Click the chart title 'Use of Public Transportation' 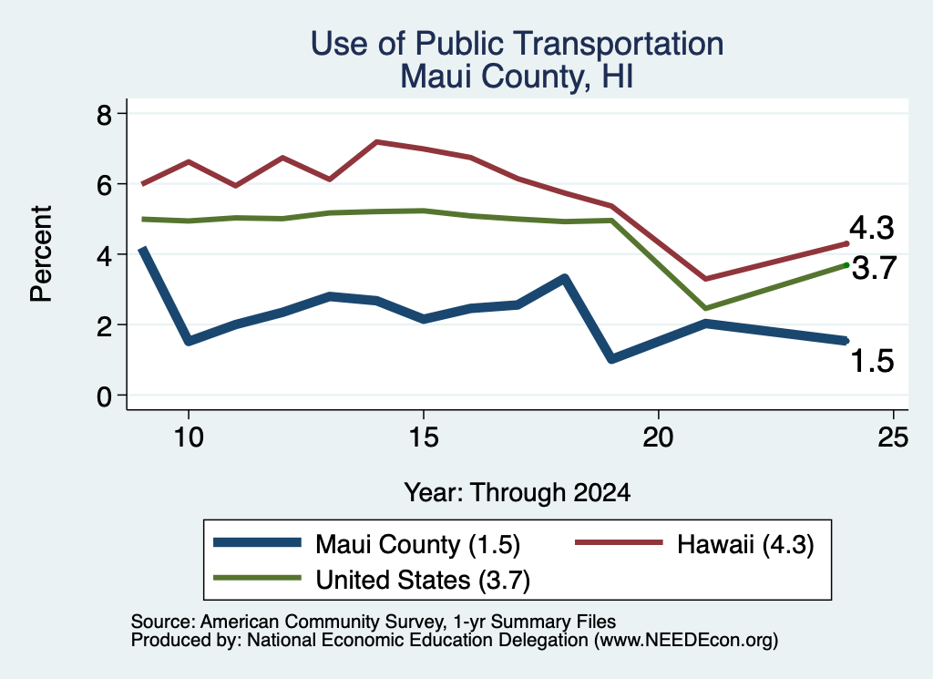[x=517, y=45]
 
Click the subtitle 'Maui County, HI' [x=517, y=77]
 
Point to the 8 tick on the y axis [x=104, y=114]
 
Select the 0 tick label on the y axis [x=104, y=396]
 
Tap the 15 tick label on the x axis [x=423, y=437]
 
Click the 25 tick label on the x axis [x=893, y=437]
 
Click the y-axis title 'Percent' [x=41, y=254]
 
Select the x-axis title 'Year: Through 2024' [x=518, y=493]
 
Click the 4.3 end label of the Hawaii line [x=871, y=228]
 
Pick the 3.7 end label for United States [x=874, y=268]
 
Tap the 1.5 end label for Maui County [x=872, y=361]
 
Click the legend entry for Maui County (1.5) [x=366, y=544]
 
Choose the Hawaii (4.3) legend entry [x=693, y=544]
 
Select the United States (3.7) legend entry [x=372, y=580]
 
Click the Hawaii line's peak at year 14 [x=376, y=141]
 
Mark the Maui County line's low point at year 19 [x=611, y=359]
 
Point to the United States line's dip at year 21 [x=706, y=308]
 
